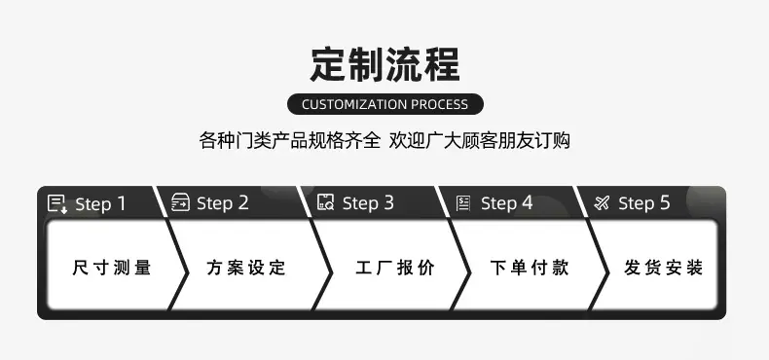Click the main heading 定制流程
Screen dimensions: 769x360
pos(385,64)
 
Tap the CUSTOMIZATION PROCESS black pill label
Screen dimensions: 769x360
pos(385,104)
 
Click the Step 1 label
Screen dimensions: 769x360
pos(100,204)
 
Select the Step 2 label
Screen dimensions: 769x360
pos(223,203)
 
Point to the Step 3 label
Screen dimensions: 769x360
pos(368,203)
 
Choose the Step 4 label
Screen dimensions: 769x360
pos(506,203)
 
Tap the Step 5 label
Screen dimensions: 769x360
pos(644,203)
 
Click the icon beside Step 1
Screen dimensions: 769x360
pos(57,203)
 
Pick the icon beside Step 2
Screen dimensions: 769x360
pos(180,202)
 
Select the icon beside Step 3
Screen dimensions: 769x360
pos(326,202)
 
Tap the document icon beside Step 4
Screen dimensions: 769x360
pos(463,203)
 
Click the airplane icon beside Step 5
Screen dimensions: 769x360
pos(602,202)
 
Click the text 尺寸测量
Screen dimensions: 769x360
pos(112,268)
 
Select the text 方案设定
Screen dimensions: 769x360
pos(246,268)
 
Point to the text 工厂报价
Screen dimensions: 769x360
pos(395,268)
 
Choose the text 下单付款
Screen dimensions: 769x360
pos(530,268)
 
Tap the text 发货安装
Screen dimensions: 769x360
pos(664,268)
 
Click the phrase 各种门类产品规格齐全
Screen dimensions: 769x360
pos(290,141)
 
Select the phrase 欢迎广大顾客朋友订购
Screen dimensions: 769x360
pos(480,141)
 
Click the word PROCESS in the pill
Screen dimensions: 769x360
pos(439,104)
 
